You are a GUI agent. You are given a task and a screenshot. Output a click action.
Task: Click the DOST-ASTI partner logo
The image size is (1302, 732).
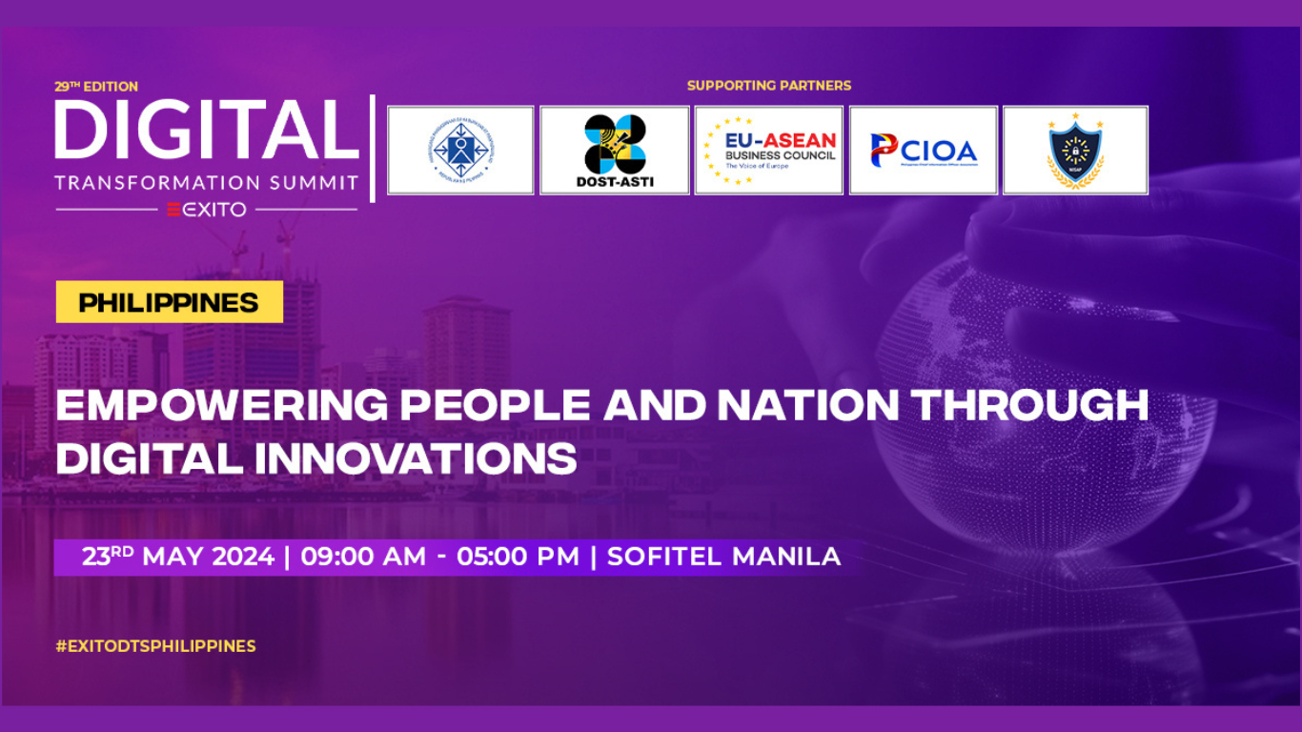coord(614,151)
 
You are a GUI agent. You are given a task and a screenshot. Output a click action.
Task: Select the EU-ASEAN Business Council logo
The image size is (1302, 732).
coord(768,151)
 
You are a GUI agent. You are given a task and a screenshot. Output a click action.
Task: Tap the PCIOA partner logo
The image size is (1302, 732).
coord(923,151)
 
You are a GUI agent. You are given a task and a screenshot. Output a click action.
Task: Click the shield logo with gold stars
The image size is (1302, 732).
coord(1075,151)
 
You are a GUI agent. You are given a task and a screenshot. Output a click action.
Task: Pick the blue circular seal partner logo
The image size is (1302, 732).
coord(460,151)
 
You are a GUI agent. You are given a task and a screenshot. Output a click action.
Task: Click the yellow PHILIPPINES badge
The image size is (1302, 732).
coord(169,303)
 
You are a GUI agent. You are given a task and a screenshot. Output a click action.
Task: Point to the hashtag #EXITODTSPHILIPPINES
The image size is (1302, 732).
coord(155,646)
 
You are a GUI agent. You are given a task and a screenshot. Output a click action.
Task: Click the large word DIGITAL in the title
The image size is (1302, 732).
coord(206,129)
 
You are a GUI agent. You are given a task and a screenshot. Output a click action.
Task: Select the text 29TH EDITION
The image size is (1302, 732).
coord(96,87)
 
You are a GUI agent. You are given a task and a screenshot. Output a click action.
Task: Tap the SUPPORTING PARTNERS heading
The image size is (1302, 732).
coord(769,86)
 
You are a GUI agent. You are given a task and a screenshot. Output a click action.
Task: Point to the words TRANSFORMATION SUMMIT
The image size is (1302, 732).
coord(206,182)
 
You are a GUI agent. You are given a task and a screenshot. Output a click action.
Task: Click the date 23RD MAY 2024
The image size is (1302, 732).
coord(178,557)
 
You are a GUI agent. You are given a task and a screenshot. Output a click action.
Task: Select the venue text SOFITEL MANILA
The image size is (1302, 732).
coord(723,557)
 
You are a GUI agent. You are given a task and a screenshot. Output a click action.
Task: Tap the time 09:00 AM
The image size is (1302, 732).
coord(363,557)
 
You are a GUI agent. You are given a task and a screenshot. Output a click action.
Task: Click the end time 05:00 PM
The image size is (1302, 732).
coord(518,557)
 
